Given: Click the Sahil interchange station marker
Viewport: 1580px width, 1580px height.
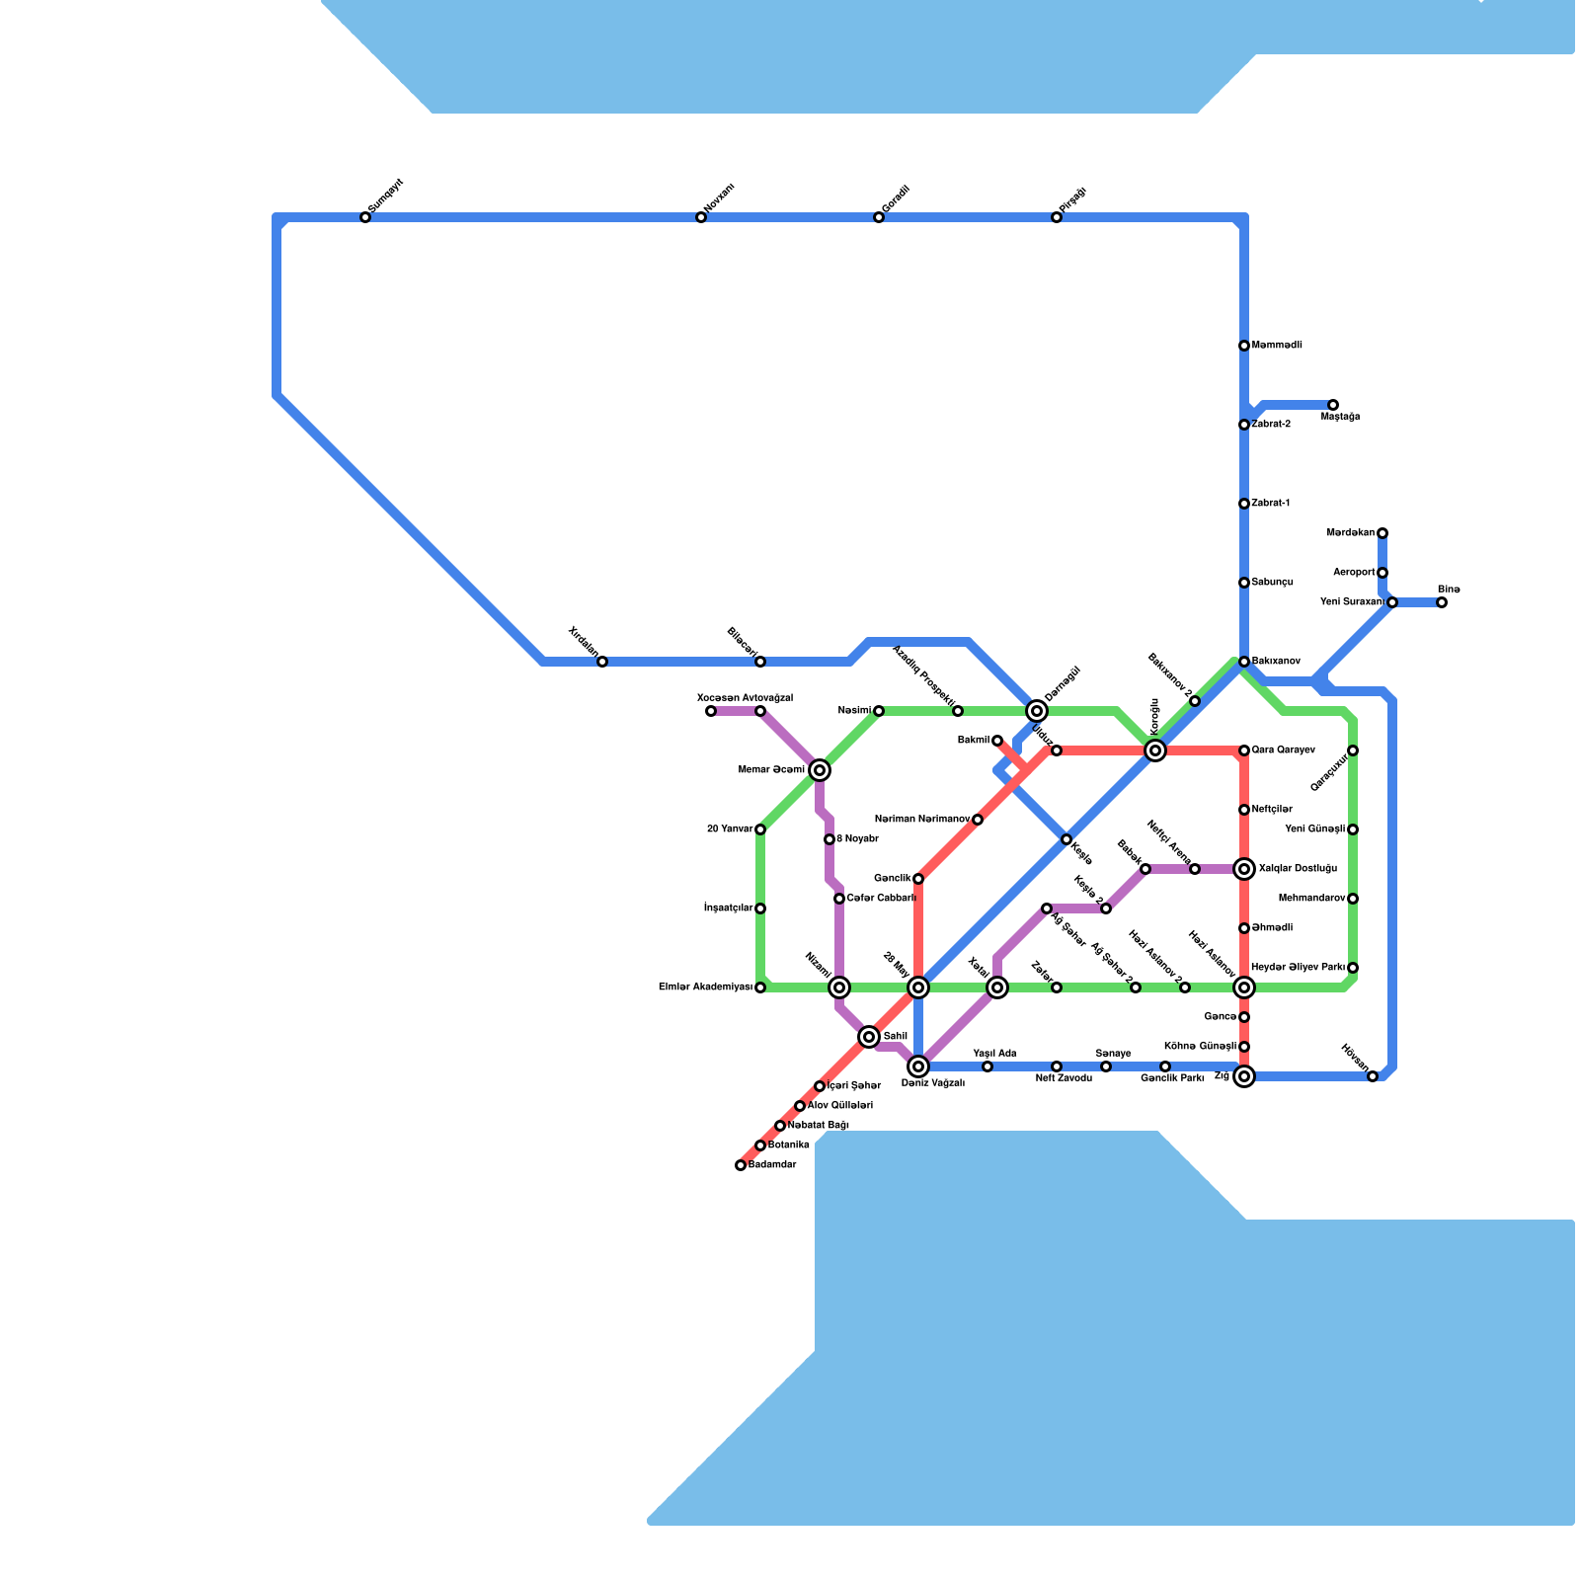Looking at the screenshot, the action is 869,1037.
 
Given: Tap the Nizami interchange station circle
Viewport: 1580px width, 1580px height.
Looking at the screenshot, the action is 839,987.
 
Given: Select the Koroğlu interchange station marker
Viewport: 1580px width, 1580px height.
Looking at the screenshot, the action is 1155,750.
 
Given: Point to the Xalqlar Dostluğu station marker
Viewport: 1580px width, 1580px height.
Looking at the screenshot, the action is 1244,869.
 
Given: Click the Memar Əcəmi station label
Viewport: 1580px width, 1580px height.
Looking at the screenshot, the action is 771,770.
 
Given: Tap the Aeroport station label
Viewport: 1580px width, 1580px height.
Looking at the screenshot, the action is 1354,573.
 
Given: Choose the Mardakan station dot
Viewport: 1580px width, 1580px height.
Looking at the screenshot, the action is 1382,533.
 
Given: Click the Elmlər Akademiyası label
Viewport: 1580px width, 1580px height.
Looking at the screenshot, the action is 705,987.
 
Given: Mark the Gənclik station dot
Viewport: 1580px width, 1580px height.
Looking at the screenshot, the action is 918,879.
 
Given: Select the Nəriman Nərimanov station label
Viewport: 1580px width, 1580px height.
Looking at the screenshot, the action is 922,820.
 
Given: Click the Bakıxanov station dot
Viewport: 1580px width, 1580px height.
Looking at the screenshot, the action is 1244,662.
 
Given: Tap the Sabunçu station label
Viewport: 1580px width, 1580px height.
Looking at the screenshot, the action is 1273,583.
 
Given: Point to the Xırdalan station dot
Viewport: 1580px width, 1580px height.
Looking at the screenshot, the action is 602,662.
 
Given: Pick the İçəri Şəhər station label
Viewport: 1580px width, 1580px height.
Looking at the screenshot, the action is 854,1086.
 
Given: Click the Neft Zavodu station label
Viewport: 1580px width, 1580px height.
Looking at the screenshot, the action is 1064,1078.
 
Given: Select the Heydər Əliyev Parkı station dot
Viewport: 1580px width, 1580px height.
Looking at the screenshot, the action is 1353,968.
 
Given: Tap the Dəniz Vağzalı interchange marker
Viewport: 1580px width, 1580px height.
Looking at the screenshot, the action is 918,1066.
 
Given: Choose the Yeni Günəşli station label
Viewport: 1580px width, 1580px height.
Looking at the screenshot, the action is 1315,829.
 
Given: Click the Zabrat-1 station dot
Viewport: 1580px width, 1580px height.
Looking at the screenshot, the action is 1244,504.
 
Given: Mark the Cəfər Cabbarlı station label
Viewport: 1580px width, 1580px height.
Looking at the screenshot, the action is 881,899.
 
